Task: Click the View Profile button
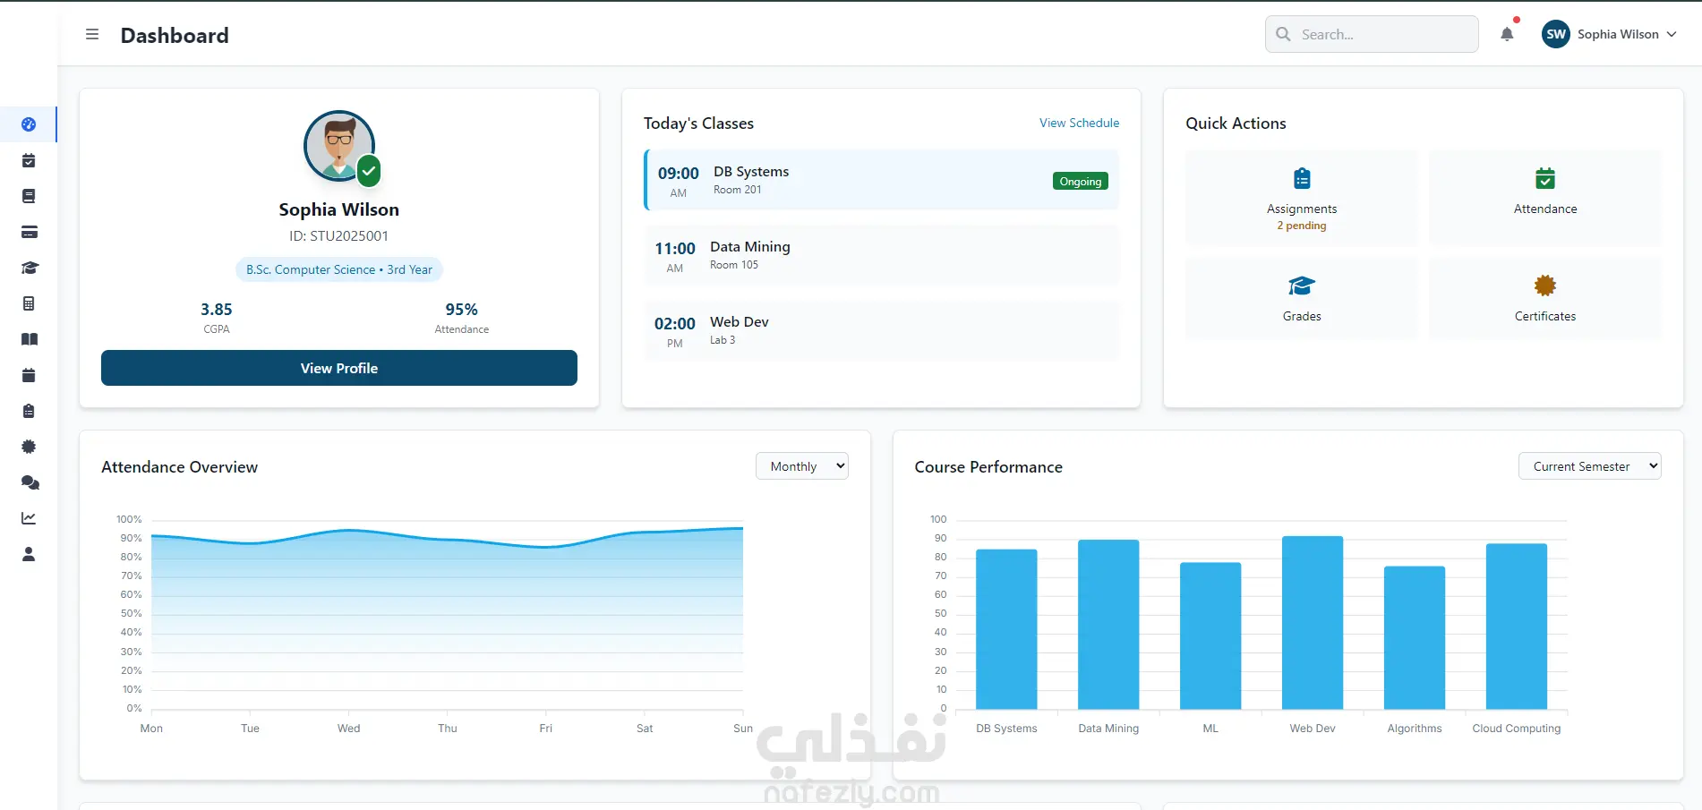[338, 368]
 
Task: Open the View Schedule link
[1079, 123]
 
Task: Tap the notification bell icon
[1507, 34]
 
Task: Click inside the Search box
[1372, 34]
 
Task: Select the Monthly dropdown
[802, 466]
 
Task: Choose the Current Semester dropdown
[1589, 466]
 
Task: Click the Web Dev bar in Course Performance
[1313, 623]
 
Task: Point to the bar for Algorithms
[1415, 638]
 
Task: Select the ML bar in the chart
[1210, 636]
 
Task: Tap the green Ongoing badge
[1081, 182]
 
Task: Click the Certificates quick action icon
[1545, 286]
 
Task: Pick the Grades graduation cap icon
[1302, 286]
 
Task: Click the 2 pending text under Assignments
[1302, 226]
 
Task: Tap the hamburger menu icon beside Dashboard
[92, 34]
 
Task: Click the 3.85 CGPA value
[217, 310]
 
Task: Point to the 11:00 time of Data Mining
[675, 249]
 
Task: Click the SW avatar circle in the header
[1556, 34]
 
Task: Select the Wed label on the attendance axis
[349, 729]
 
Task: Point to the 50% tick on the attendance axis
[132, 614]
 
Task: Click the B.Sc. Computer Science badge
[339, 269]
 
